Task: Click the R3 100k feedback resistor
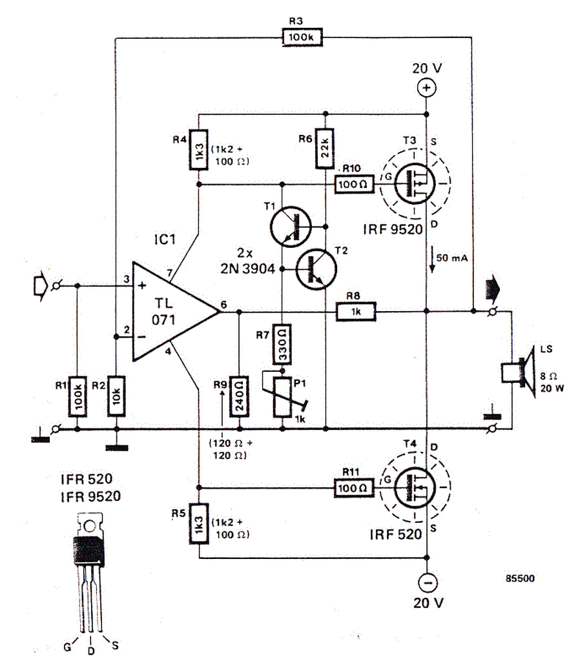click(302, 37)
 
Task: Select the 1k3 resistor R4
click(198, 150)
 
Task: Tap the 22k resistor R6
click(325, 148)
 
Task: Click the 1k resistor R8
click(356, 312)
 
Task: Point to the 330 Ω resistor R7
click(282, 345)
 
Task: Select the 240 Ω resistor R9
click(239, 396)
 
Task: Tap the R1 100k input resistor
click(78, 397)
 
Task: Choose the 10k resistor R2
click(116, 396)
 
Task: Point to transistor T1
click(291, 227)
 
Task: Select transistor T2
click(316, 269)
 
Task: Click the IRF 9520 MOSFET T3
click(415, 183)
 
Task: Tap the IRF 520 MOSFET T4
click(415, 487)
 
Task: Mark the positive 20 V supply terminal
click(426, 88)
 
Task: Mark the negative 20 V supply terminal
click(428, 583)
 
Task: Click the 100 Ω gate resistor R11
click(353, 488)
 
